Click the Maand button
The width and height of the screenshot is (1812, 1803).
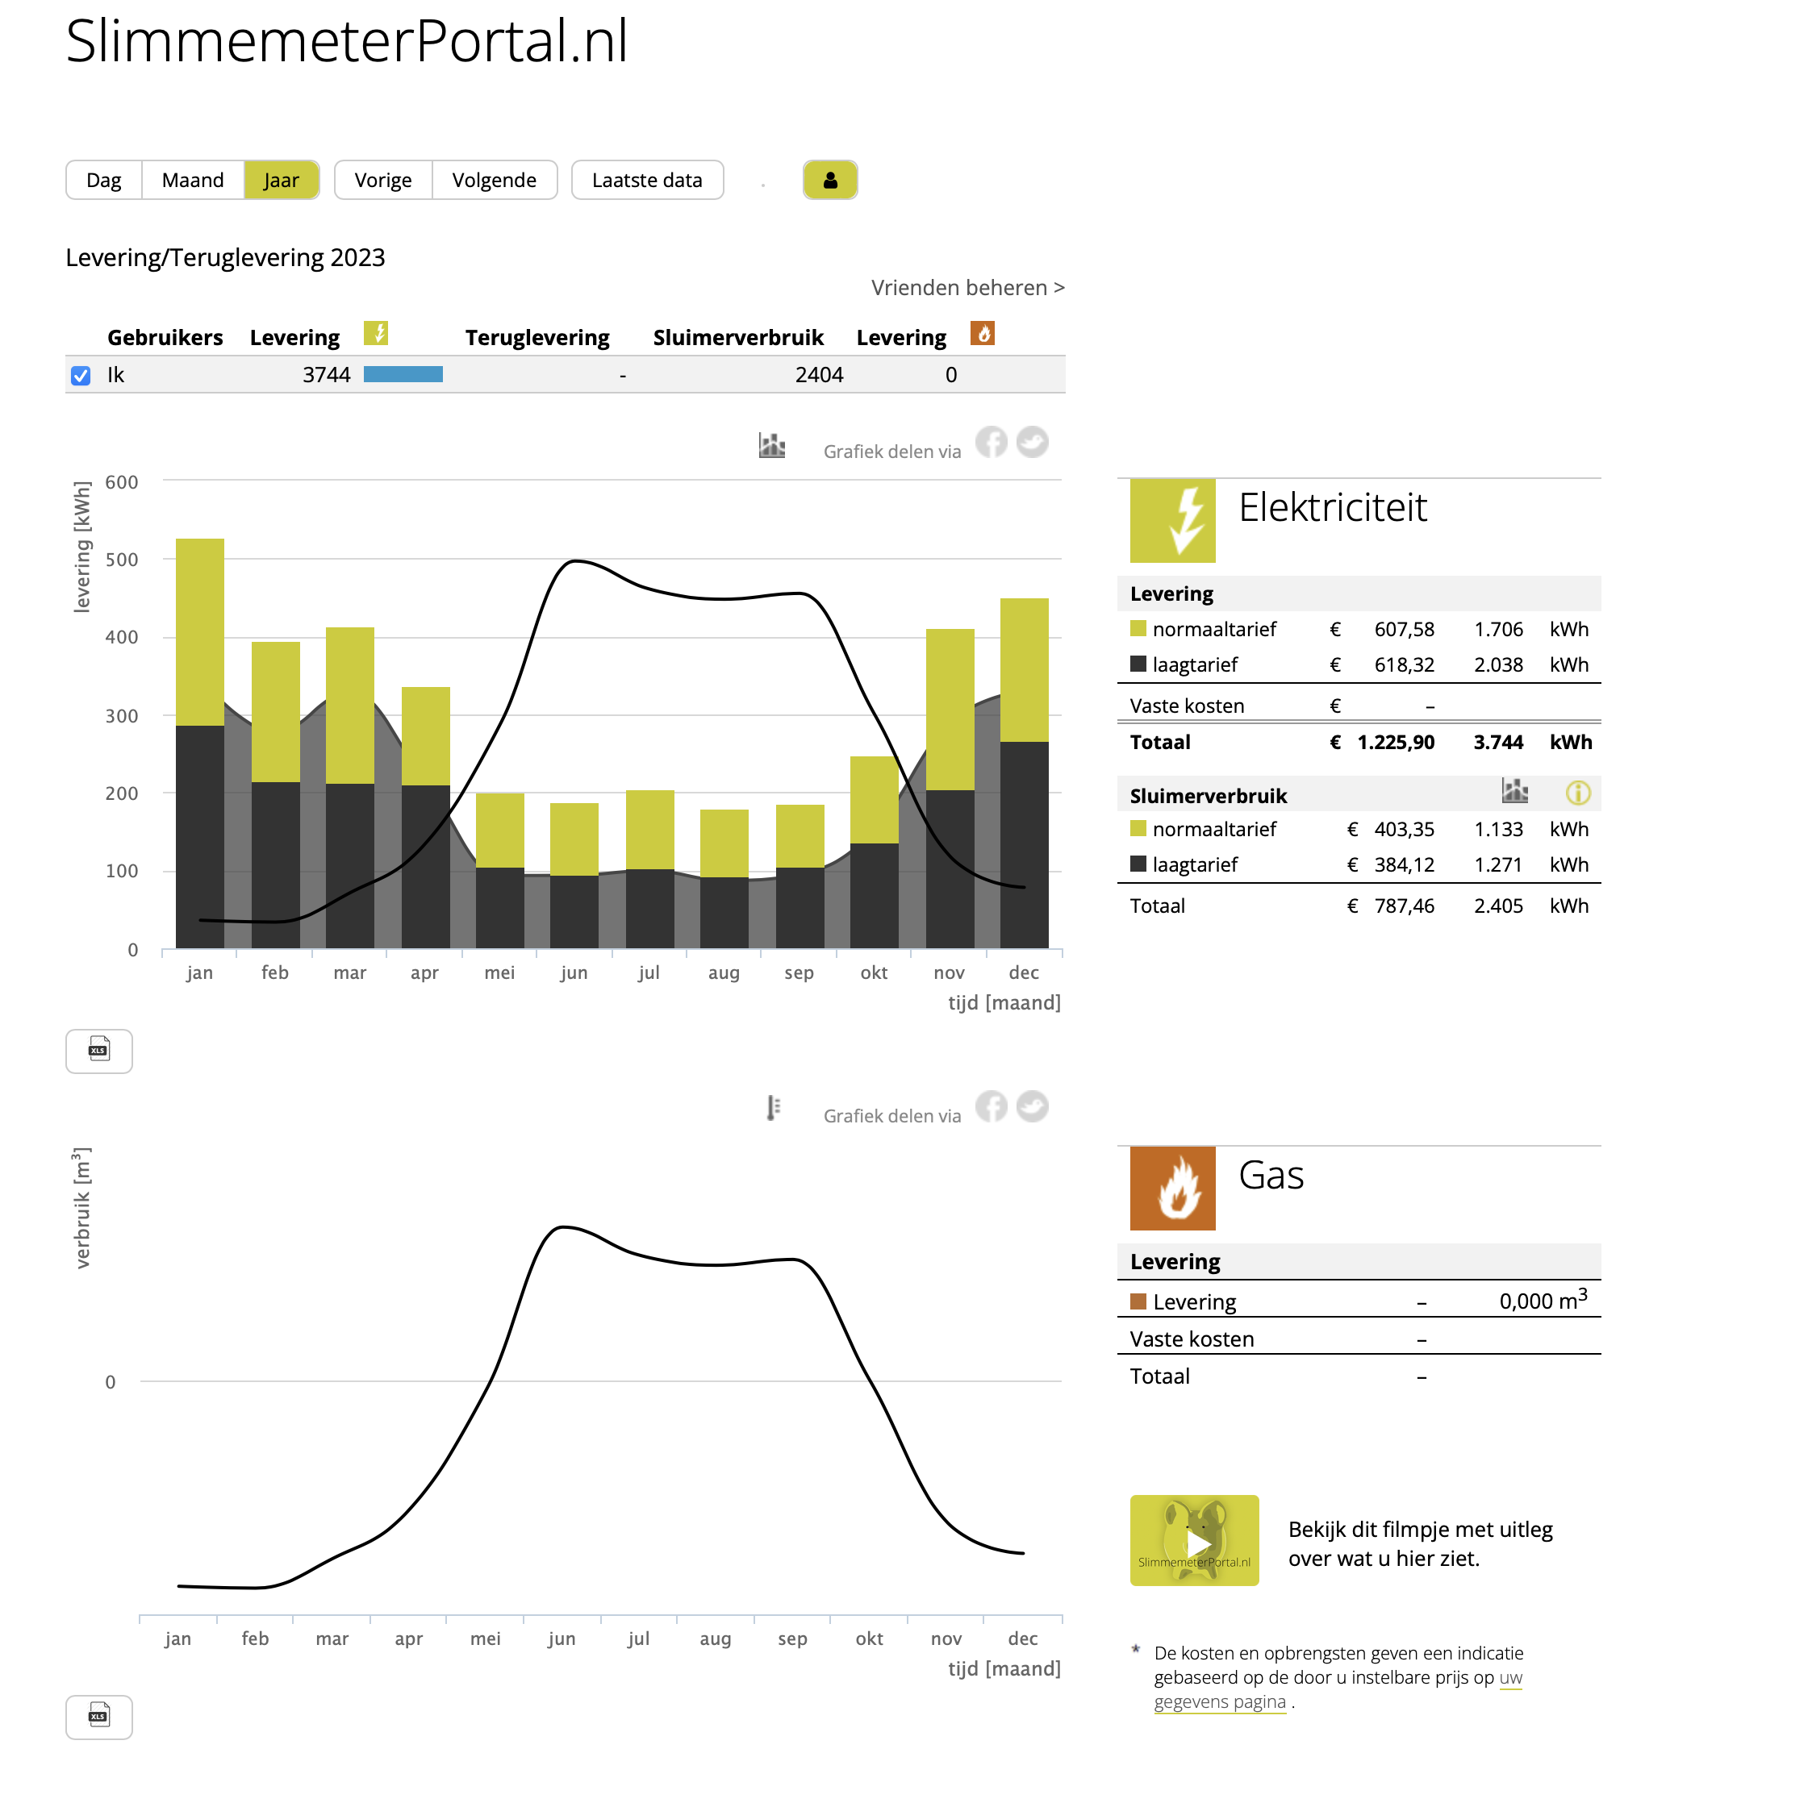192,180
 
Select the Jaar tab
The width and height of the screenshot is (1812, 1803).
282,180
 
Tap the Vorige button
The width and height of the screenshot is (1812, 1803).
382,180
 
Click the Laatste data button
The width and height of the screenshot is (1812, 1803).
647,180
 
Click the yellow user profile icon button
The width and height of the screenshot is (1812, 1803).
830,180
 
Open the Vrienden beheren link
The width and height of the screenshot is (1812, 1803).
968,288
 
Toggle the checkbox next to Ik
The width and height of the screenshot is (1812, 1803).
81,376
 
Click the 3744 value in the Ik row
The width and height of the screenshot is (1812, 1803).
327,375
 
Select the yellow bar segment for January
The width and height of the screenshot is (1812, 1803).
200,633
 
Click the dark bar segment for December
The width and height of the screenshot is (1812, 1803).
1024,846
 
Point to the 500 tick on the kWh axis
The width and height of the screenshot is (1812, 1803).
122,560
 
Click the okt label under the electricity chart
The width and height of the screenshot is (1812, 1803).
873,972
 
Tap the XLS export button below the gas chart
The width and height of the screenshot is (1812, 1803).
99,1718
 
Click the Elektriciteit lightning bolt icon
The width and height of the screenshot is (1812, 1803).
1172,520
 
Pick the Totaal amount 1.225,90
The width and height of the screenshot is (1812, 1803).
1396,743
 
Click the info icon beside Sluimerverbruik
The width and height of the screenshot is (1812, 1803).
1579,793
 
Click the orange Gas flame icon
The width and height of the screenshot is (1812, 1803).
1172,1189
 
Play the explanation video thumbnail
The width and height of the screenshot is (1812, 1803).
1195,1540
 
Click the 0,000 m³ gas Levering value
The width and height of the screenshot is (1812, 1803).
1543,1301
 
